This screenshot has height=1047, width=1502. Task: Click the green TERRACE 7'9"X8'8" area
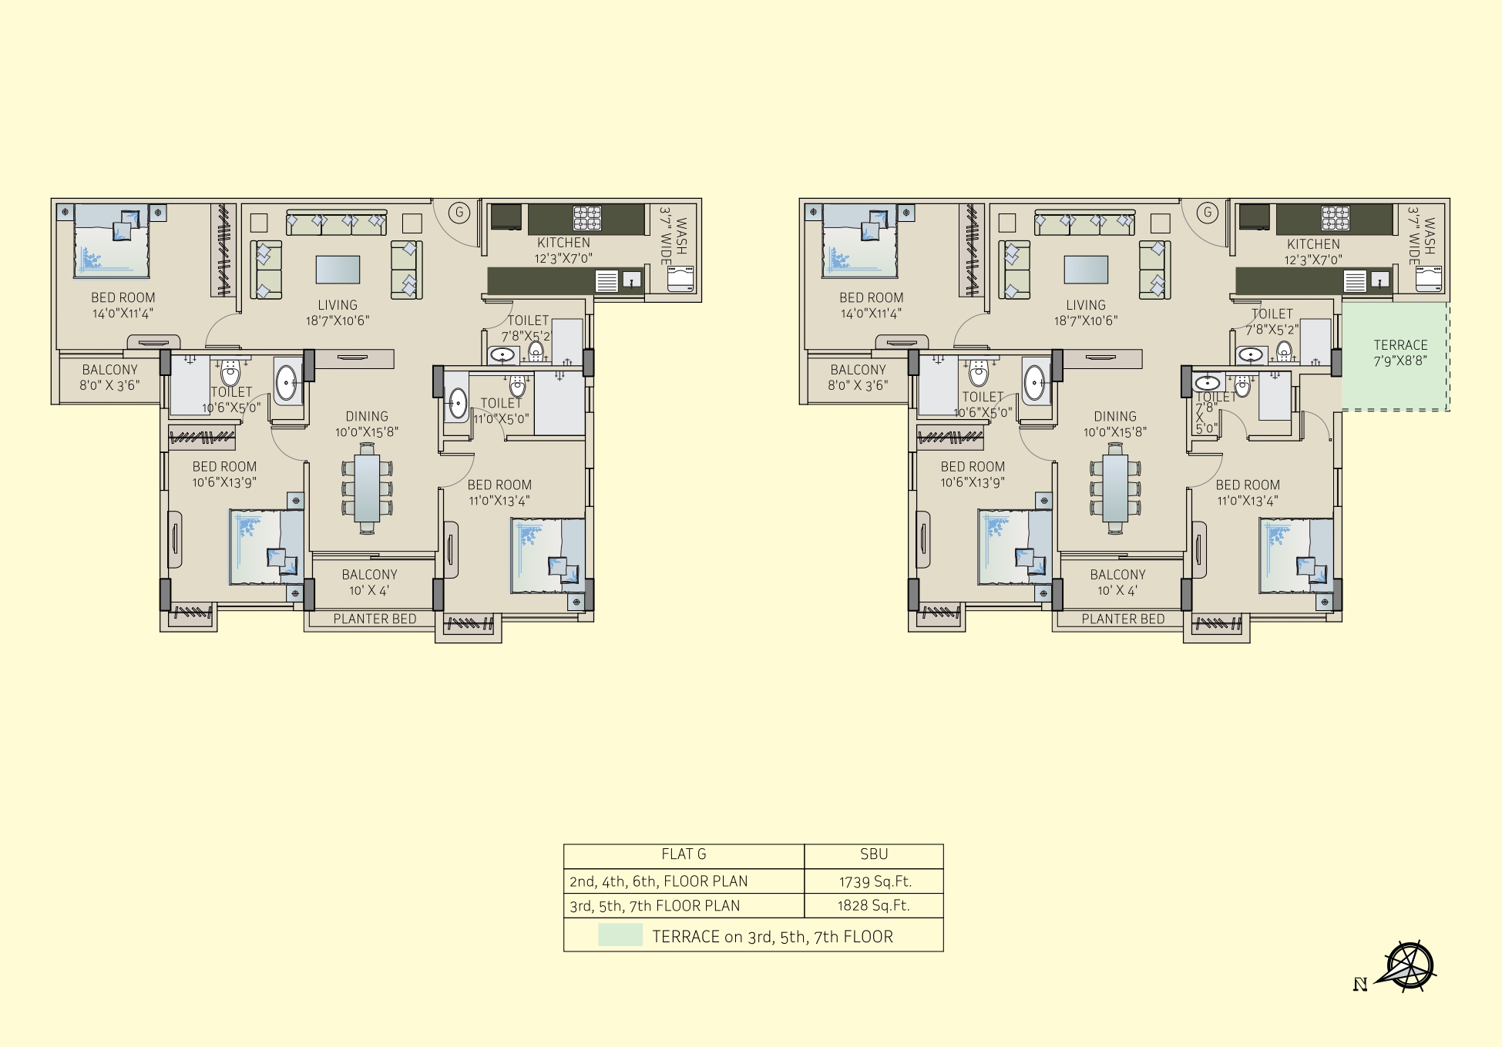[x=1394, y=356]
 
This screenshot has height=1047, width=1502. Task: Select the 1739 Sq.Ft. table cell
[x=874, y=881]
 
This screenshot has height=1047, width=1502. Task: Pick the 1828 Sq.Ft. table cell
[x=874, y=906]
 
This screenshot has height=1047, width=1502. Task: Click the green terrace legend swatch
[x=620, y=935]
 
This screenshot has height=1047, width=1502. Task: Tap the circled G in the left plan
[x=459, y=213]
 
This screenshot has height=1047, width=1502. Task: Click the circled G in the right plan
[x=1208, y=213]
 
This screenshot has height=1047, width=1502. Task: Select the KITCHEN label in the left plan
[x=563, y=243]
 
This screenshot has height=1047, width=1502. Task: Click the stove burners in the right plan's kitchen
[x=1336, y=218]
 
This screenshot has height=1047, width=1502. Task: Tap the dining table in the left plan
[x=367, y=488]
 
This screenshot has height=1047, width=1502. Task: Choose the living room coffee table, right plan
[x=1086, y=270]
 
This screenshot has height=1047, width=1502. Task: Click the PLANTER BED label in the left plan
[x=375, y=619]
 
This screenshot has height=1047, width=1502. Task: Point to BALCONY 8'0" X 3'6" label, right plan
[x=858, y=378]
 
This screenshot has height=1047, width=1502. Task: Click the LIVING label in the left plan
[x=338, y=305]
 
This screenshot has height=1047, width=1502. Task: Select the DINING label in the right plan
[x=1115, y=416]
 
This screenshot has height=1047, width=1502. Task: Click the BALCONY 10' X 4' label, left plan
[x=369, y=582]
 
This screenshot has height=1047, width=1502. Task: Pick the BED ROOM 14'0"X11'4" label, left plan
[x=123, y=305]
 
